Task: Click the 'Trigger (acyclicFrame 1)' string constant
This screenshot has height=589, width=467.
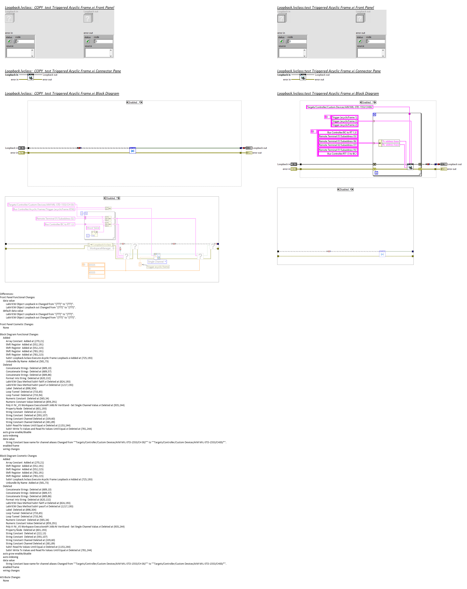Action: pyautogui.click(x=344, y=117)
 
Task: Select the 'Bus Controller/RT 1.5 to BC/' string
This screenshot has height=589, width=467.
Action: pyautogui.click(x=342, y=154)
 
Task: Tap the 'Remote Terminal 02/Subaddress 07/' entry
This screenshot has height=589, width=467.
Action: pyautogui.click(x=338, y=145)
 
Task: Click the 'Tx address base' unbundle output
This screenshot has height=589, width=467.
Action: pyautogui.click(x=390, y=141)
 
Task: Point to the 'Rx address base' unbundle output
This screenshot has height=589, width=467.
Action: pyautogui.click(x=390, y=145)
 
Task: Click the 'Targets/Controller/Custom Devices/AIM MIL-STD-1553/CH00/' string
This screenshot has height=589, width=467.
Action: pyautogui.click(x=339, y=107)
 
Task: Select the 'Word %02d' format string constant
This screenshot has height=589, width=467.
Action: pyautogui.click(x=93, y=228)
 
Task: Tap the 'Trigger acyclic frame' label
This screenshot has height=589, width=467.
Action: pyautogui.click(x=158, y=267)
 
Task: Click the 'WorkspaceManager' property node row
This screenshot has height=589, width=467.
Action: pyautogui.click(x=100, y=248)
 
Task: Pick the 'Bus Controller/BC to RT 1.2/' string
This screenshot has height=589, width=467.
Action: pyautogui.click(x=59, y=224)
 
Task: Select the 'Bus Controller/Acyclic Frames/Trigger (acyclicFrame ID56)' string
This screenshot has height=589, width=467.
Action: pyautogui.click(x=44, y=209)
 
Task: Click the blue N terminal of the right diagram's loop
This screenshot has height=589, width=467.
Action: pyautogui.click(x=374, y=115)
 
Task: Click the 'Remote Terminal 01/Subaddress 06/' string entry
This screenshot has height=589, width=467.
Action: pyautogui.click(x=338, y=141)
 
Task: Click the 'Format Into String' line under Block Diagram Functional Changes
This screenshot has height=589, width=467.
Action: pyautogui.click(x=28, y=378)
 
